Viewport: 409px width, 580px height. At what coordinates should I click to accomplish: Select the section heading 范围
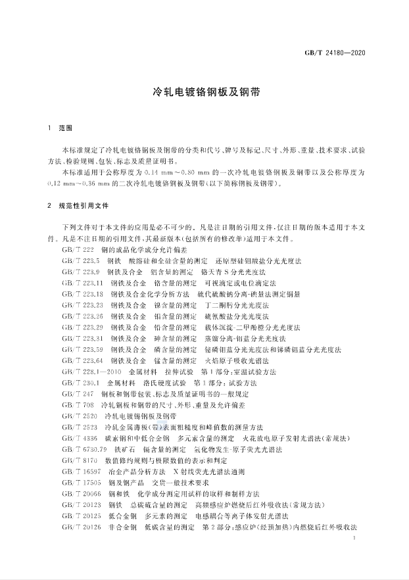64,127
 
